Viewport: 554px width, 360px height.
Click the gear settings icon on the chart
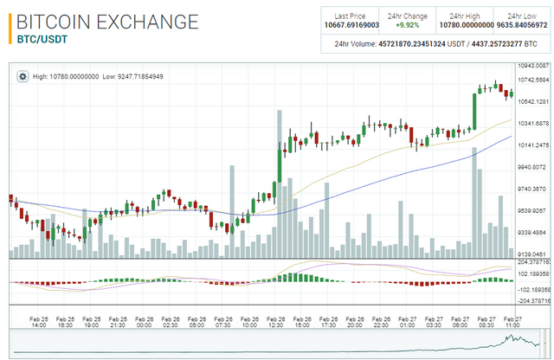coord(23,76)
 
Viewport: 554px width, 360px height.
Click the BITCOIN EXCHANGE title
coord(107,22)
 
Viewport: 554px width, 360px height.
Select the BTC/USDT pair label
coord(42,39)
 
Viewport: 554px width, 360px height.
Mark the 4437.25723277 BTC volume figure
coord(490,43)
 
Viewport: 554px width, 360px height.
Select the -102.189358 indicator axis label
coord(535,289)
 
